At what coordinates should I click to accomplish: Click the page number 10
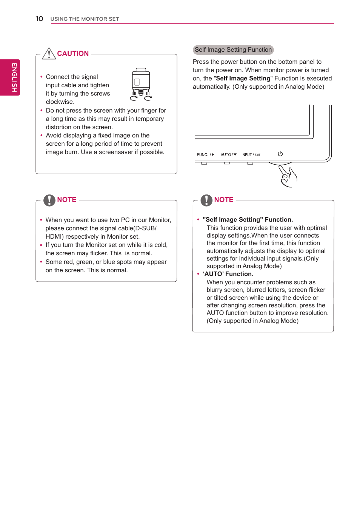click(x=39, y=19)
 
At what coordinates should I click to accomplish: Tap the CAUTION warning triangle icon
click(x=49, y=54)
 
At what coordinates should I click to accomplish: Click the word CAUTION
click(x=73, y=54)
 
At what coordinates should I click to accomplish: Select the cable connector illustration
click(x=141, y=84)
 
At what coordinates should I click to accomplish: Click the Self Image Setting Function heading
click(x=233, y=50)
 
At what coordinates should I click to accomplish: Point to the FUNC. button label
click(x=203, y=155)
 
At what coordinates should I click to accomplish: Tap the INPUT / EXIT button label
click(x=251, y=155)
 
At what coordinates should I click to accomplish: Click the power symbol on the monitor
click(x=280, y=154)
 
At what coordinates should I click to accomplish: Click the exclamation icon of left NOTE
click(x=49, y=200)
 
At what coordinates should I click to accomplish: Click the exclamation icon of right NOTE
click(x=206, y=200)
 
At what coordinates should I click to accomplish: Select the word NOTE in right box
click(x=224, y=200)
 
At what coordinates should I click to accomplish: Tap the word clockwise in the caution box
click(x=60, y=102)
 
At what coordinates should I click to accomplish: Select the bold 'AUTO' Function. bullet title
click(x=228, y=274)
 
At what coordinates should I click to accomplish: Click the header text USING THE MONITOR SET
click(x=85, y=19)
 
